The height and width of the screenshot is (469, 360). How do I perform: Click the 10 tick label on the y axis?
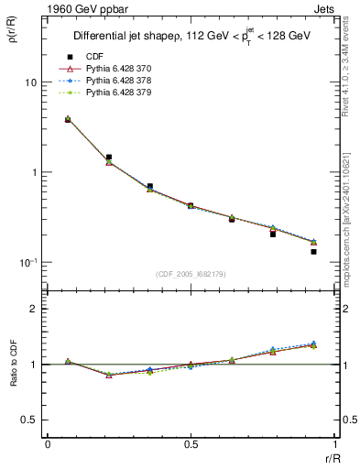pos(30,82)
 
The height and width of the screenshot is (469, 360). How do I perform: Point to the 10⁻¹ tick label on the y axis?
pos(29,262)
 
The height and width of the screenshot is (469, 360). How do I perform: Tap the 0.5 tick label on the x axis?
pos(191,444)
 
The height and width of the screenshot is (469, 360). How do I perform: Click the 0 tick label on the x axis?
pos(48,444)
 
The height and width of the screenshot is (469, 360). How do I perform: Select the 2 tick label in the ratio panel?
pos(34,310)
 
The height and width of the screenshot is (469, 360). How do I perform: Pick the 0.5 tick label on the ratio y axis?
pos(30,420)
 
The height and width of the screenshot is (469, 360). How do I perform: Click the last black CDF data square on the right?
pos(313,251)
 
